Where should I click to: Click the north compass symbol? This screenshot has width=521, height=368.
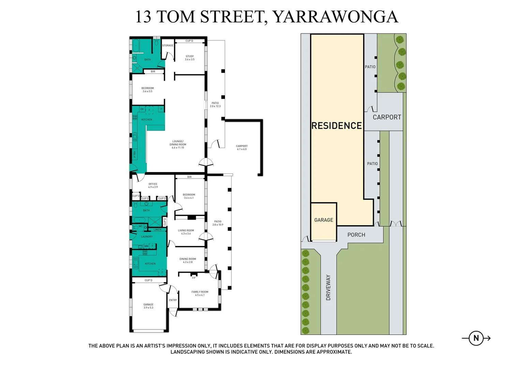476,338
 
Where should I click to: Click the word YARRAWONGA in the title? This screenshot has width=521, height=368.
335,17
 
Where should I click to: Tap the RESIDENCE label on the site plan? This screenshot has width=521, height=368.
337,126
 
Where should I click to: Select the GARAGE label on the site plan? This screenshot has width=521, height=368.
324,220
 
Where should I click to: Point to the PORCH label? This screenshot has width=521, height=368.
356,235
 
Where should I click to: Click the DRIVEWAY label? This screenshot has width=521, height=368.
328,287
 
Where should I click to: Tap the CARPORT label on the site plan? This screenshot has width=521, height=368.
387,117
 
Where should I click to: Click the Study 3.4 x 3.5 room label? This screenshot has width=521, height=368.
190,58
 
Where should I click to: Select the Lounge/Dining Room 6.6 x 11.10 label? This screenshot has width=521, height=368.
178,144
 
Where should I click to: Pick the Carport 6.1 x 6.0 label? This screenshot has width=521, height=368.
242,148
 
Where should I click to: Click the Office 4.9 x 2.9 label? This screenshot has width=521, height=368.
153,185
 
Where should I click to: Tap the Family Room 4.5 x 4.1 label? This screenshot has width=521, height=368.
200,293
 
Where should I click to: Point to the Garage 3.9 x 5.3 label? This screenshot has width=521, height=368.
148,306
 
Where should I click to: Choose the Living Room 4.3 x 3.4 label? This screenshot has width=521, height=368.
186,232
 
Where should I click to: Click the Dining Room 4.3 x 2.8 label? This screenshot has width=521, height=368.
188,260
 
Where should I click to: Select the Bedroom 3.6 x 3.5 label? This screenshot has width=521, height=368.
148,90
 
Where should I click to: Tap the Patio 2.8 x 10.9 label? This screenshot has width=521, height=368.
218,223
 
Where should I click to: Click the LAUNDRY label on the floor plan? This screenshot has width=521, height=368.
147,236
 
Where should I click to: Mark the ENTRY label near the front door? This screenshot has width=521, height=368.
173,300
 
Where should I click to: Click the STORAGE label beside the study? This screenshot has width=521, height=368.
168,45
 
